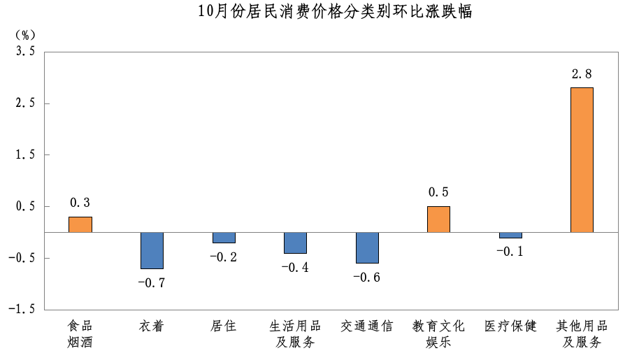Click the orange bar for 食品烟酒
point(80,224)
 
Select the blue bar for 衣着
point(152,250)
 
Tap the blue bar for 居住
point(224,238)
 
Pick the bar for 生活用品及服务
point(295,243)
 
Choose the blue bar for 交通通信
point(367,247)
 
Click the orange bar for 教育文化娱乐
point(438,219)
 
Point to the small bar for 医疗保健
point(510,235)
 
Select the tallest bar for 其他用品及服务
point(582,159)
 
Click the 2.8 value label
point(582,73)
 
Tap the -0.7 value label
point(152,282)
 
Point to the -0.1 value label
point(510,252)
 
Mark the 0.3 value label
point(80,203)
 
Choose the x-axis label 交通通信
point(367,326)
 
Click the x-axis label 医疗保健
point(510,326)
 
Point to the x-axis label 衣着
point(152,326)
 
